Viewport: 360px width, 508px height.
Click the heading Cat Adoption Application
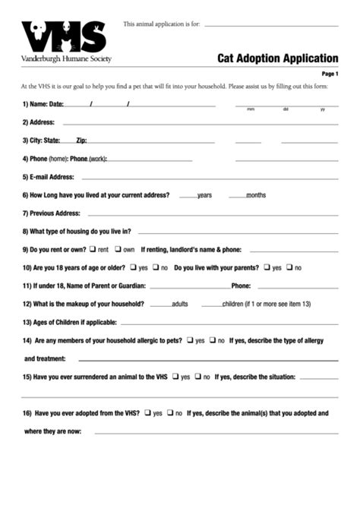(x=278, y=58)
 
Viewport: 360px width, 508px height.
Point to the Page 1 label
(x=330, y=74)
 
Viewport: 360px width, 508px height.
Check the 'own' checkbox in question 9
(x=118, y=249)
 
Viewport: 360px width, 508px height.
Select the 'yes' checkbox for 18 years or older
(x=132, y=267)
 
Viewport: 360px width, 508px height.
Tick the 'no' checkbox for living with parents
(x=289, y=267)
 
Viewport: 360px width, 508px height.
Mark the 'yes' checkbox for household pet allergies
(x=190, y=340)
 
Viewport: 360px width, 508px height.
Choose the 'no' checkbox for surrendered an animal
(x=197, y=376)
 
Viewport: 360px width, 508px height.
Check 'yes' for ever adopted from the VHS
(x=147, y=413)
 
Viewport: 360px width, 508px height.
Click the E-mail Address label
(x=48, y=177)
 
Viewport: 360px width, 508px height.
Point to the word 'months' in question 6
(x=256, y=195)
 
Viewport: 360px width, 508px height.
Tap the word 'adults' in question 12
(x=180, y=304)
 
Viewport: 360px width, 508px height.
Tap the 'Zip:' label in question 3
(x=81, y=140)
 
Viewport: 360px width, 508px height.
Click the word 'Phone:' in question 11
(x=241, y=286)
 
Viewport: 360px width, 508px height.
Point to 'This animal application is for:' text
(x=162, y=24)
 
